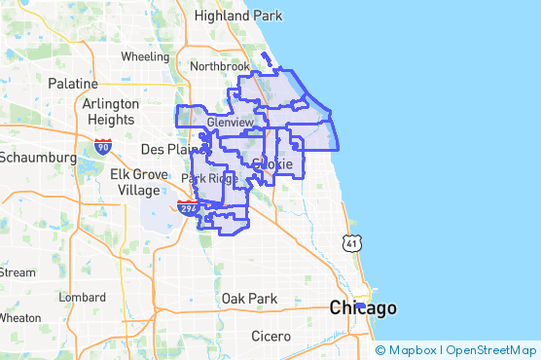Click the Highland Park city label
click(x=238, y=16)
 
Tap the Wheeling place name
click(x=145, y=56)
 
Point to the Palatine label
click(x=73, y=85)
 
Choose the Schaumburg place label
click(x=37, y=157)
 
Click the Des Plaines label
click(x=171, y=150)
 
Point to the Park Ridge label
click(x=209, y=178)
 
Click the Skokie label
click(x=272, y=164)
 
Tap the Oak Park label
click(x=249, y=298)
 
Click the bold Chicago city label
click(x=363, y=308)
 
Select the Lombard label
click(x=82, y=297)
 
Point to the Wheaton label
click(x=19, y=318)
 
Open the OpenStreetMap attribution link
click(x=493, y=350)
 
